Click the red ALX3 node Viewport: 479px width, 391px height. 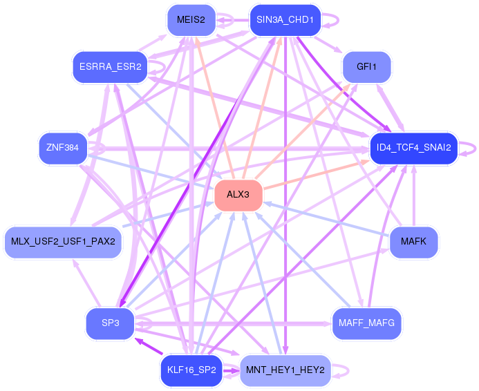238,194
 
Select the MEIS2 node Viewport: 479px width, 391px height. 191,20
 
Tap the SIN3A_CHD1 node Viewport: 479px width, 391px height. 285,20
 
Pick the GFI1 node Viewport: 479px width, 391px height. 366,67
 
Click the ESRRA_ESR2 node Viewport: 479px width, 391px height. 111,67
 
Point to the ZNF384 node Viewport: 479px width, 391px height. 63,148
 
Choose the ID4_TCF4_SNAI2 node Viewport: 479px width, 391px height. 413,148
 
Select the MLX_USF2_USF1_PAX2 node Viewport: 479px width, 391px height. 63,242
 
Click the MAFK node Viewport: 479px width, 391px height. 413,242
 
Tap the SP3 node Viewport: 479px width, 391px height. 111,323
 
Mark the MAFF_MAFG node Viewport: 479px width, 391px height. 366,323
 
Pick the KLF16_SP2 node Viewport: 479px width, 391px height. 191,370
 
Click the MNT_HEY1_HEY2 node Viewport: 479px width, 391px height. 285,370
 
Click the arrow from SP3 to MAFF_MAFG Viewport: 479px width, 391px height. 233,323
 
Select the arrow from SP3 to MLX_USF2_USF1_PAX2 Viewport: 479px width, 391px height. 87,283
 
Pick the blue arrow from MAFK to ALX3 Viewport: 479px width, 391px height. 326,219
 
